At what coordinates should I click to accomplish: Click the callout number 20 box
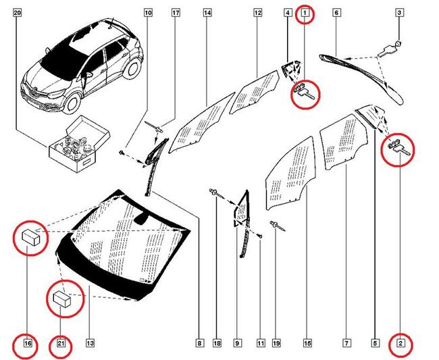click(18, 13)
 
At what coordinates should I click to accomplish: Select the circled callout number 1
click(305, 13)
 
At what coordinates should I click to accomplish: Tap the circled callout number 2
click(401, 344)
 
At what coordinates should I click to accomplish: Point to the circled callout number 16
click(28, 344)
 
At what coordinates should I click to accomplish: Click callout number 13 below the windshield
click(91, 344)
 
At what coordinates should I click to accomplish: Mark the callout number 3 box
click(400, 13)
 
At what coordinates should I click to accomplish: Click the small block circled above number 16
click(31, 236)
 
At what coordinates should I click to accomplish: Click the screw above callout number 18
click(214, 195)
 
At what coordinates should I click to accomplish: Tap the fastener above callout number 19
click(277, 226)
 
